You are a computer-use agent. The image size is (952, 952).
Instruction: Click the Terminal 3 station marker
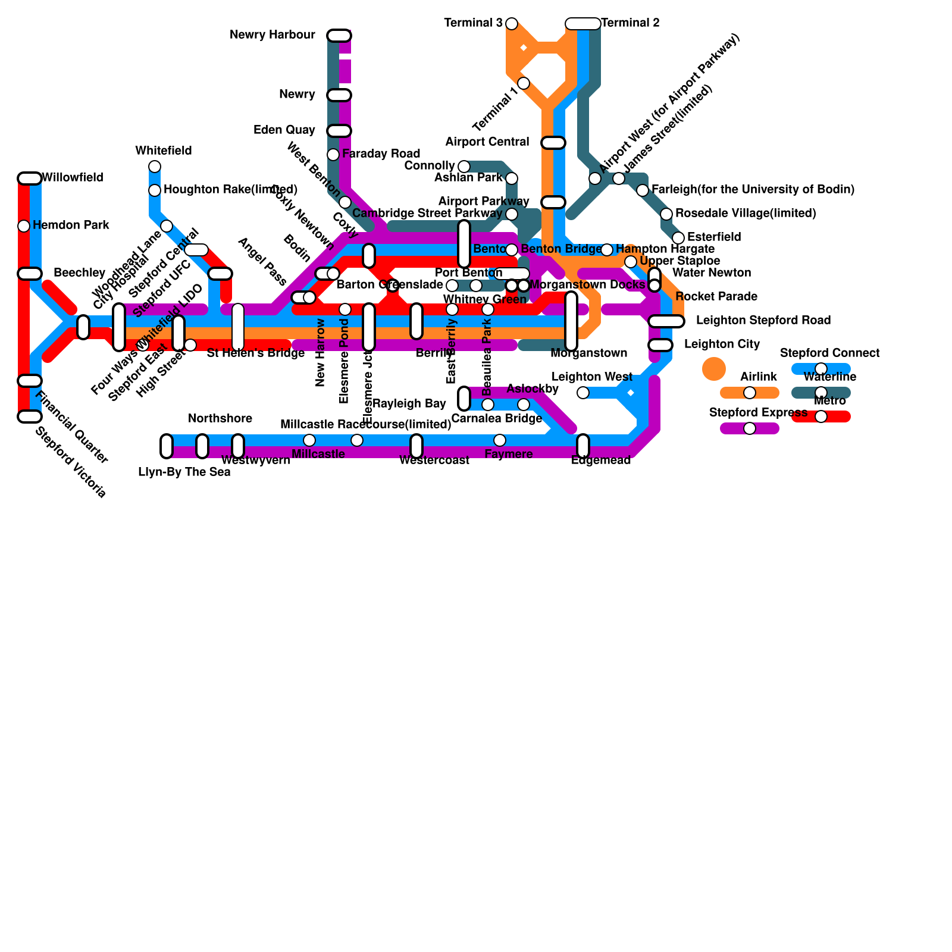coord(512,24)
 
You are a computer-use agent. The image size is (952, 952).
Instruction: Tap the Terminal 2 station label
coord(630,23)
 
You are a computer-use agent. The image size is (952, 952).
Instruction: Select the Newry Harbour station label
coord(273,35)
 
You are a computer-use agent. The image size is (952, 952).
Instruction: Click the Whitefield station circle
coord(155,166)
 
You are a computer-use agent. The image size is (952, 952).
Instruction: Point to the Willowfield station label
coord(73,178)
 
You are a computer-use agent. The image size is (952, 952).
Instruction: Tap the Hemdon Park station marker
coord(24,226)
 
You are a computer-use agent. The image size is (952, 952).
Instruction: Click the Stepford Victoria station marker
coord(29,416)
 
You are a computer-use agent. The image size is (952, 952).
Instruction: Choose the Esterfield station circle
coord(678,238)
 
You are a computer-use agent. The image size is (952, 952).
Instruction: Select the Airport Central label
coord(487,142)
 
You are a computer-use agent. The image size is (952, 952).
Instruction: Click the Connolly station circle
coord(464,167)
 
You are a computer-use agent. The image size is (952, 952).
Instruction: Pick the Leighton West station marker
coord(583,393)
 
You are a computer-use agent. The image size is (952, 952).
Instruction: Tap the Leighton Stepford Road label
coord(763,321)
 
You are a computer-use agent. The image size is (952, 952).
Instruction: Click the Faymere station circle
coord(500,440)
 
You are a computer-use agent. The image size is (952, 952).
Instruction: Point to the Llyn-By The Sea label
coord(184,472)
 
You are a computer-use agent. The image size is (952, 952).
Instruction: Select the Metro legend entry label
coord(830,401)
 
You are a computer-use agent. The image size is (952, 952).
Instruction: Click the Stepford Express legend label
coord(758,413)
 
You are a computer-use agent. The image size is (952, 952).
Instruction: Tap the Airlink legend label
coord(759,377)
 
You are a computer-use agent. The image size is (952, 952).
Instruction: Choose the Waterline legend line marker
coord(821,393)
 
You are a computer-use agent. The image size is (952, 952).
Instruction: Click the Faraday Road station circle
coord(333,155)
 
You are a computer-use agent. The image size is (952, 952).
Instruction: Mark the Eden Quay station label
coord(284,130)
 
